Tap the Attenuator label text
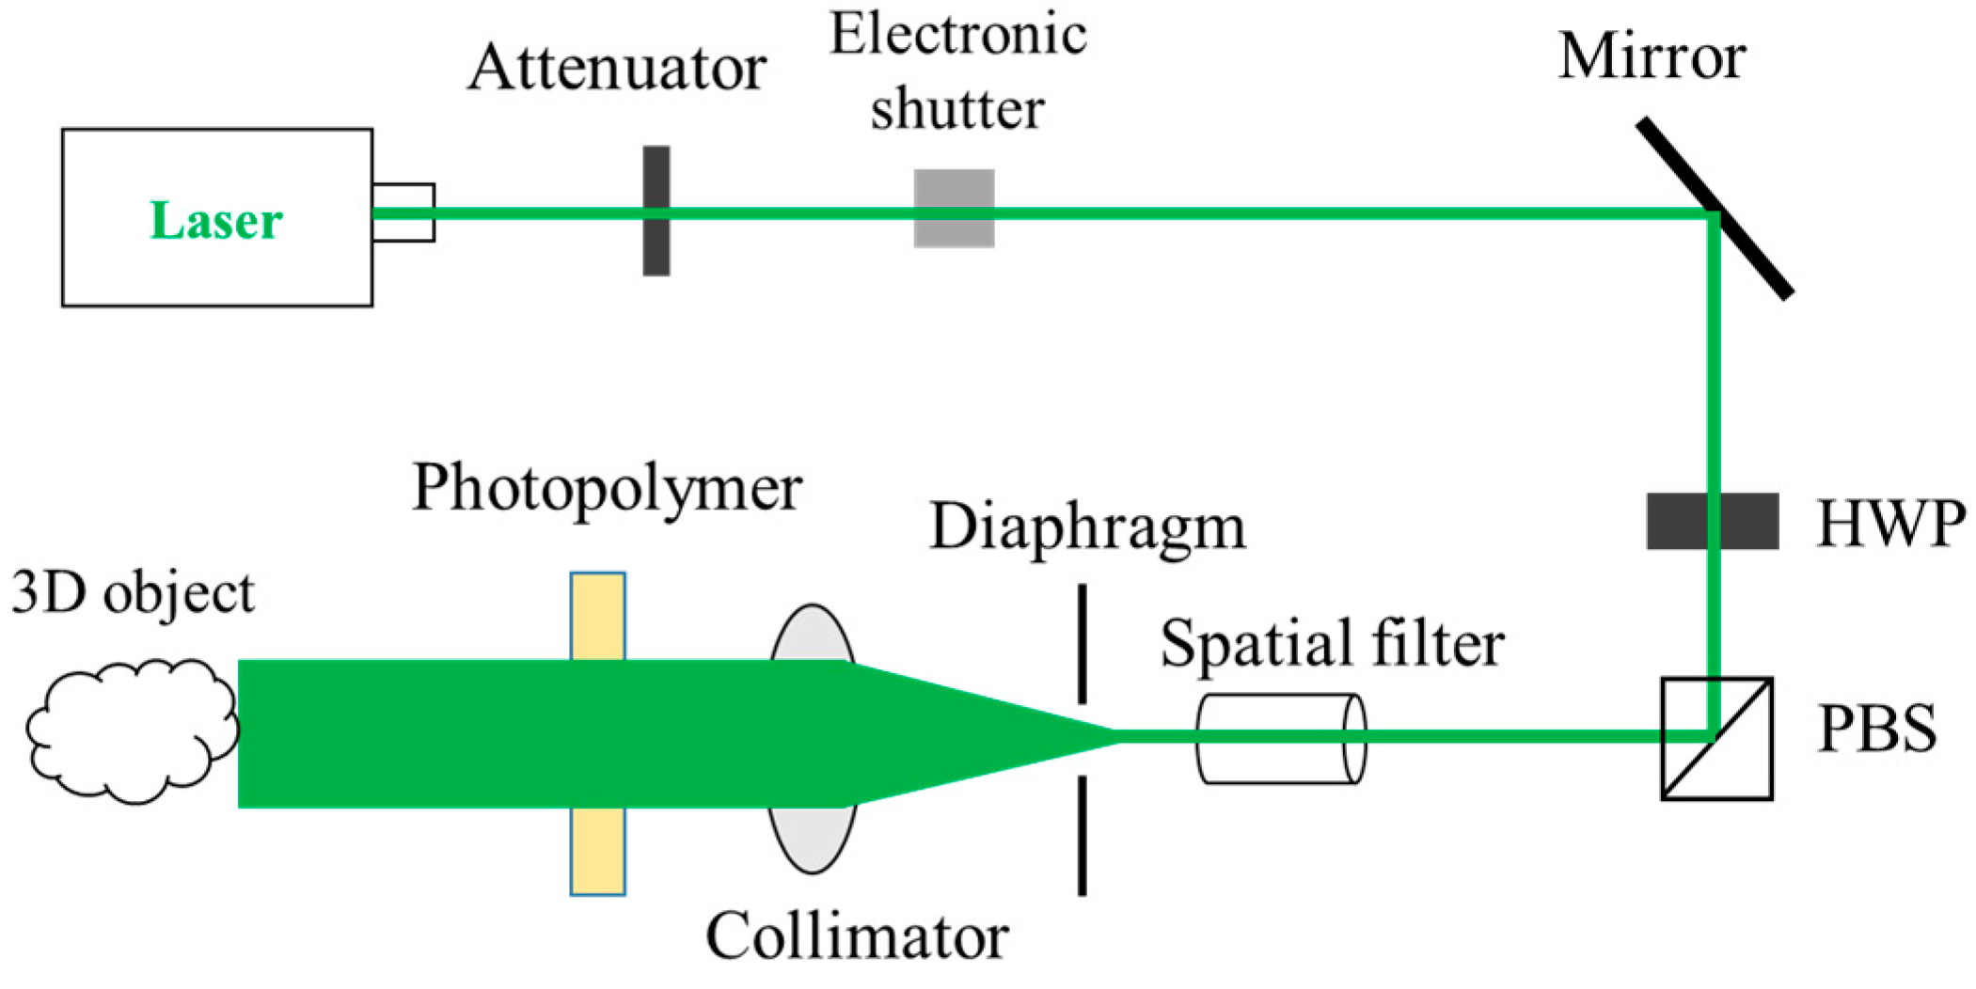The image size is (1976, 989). (x=617, y=68)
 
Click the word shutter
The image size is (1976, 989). (x=956, y=108)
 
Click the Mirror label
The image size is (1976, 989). (x=1652, y=56)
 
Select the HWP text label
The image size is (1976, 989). (x=1890, y=523)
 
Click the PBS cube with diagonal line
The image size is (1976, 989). (x=1716, y=761)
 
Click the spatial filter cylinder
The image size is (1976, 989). (x=1280, y=761)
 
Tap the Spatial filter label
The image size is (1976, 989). (x=1332, y=645)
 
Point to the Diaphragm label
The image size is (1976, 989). (x=1087, y=526)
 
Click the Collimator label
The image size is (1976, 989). (x=857, y=936)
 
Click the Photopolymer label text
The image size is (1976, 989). (x=608, y=489)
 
